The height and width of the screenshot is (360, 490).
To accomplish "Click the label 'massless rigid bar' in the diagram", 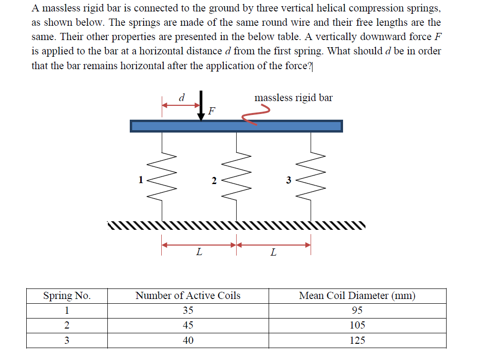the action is click(x=293, y=98).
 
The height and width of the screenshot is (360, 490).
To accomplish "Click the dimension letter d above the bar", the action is click(x=181, y=97).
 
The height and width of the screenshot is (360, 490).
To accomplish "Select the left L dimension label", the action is click(x=199, y=252).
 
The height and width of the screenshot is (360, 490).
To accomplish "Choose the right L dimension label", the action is click(x=273, y=252).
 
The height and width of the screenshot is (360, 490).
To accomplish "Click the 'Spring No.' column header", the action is click(x=67, y=296).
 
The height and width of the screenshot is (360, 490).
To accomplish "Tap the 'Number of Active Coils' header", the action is click(x=188, y=296).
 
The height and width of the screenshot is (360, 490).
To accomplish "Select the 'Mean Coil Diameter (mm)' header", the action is click(x=357, y=296).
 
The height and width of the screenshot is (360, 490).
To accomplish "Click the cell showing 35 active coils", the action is click(x=188, y=310).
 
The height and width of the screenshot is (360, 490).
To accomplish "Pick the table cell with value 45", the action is click(x=188, y=325).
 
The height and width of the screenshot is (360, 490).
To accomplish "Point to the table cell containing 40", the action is click(x=188, y=340).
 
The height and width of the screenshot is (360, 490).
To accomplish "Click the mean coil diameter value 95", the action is click(x=357, y=310).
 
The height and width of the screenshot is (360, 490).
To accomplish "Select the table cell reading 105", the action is click(x=357, y=325).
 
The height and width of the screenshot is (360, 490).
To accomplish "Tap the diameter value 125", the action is click(x=357, y=340).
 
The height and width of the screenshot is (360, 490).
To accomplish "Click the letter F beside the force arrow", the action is click(x=212, y=112).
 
